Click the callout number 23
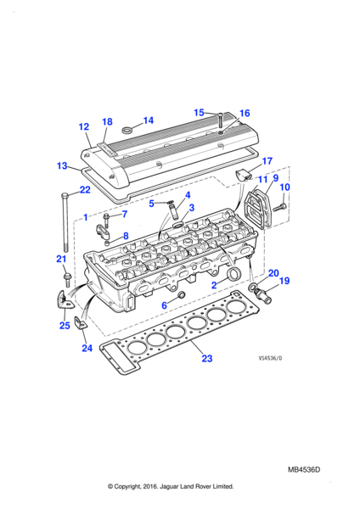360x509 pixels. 206,358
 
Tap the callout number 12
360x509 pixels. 84,126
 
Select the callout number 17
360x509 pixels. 267,160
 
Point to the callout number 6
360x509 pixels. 165,305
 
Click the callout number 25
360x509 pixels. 65,325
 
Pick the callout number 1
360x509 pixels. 86,217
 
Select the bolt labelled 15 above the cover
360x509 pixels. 220,120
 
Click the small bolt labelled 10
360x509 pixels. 279,207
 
